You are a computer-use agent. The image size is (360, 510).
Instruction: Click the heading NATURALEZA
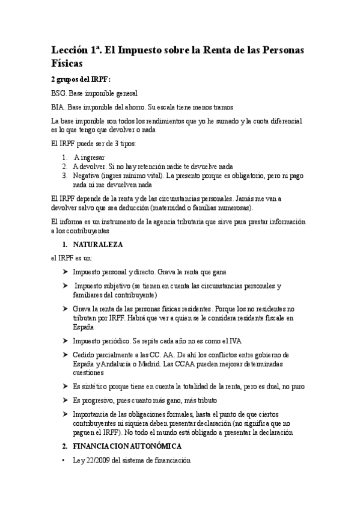[98, 245]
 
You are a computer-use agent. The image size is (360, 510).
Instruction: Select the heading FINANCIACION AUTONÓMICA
[131, 447]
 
